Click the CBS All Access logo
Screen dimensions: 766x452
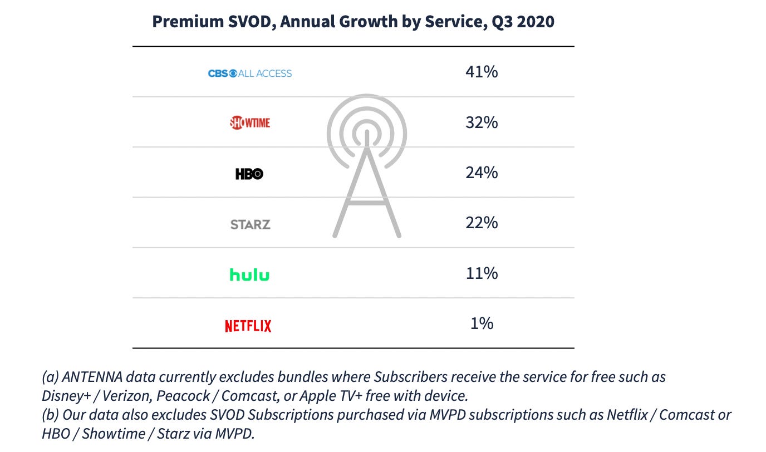pyautogui.click(x=250, y=73)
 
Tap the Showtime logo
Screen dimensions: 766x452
pyautogui.click(x=250, y=123)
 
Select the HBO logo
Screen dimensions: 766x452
pyautogui.click(x=249, y=174)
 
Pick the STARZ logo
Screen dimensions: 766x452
pyautogui.click(x=251, y=225)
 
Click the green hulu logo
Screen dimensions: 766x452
pyautogui.click(x=249, y=274)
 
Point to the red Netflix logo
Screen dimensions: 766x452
pyautogui.click(x=248, y=326)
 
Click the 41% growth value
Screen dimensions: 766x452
pyautogui.click(x=482, y=72)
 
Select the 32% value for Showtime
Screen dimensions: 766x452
pyautogui.click(x=482, y=122)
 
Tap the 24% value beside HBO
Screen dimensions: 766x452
pyautogui.click(x=482, y=173)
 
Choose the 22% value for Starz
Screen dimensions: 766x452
pyautogui.click(x=482, y=223)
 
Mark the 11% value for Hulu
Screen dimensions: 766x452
pyautogui.click(x=482, y=273)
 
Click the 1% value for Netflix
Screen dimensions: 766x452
pyautogui.click(x=482, y=323)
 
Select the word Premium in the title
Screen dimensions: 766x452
pyautogui.click(x=188, y=22)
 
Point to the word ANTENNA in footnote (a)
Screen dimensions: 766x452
pyautogui.click(x=92, y=377)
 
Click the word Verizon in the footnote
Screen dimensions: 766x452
pyautogui.click(x=126, y=396)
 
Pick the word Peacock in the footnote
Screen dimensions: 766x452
pyautogui.click(x=183, y=396)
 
